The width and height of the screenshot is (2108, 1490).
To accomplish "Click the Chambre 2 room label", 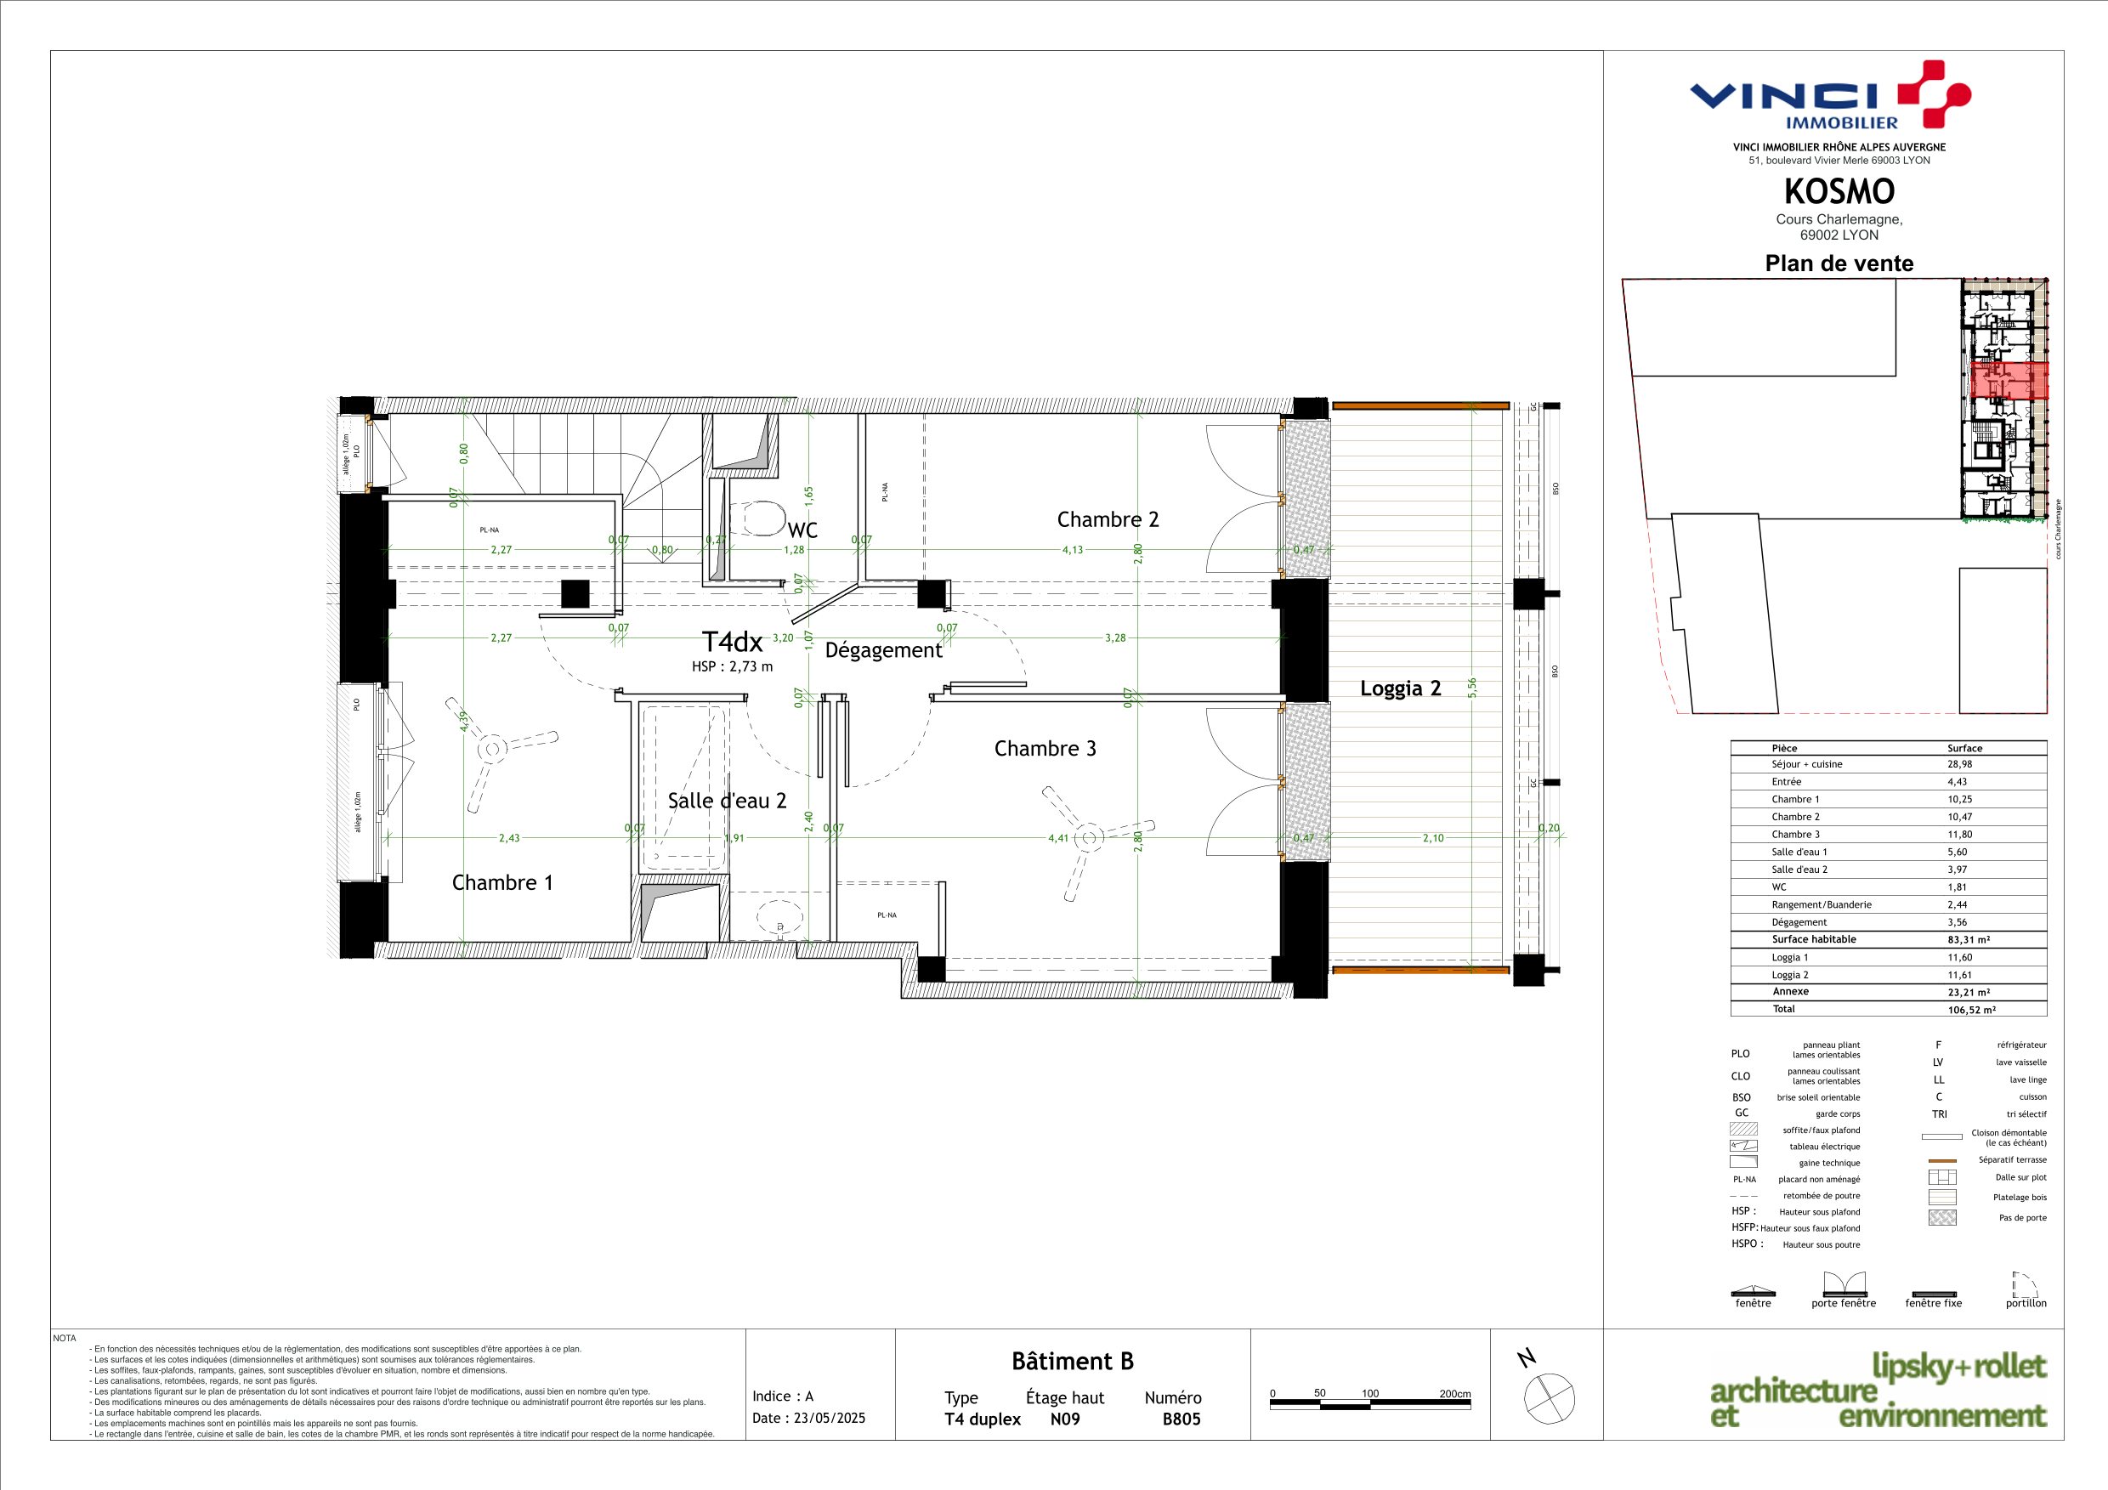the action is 1108,519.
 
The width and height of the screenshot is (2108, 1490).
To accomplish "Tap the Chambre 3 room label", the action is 1045,748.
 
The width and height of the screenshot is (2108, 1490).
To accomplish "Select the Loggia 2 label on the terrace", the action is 1400,688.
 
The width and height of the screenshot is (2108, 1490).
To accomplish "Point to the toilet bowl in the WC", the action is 763,518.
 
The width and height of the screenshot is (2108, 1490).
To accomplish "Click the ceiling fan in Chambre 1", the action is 493,749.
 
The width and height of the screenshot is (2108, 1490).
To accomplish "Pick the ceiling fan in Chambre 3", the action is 1089,837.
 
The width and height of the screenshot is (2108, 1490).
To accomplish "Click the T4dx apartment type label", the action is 732,641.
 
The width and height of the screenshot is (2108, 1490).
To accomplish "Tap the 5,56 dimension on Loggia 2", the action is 1471,688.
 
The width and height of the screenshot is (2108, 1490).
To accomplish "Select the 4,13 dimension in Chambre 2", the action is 1073,550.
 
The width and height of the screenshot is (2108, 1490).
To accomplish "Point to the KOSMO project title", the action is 1839,191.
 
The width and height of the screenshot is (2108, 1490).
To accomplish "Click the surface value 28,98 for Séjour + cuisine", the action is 1959,764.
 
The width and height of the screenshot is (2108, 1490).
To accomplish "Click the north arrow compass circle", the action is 1550,1398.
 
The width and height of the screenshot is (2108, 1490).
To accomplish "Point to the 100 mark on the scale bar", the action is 1370,1393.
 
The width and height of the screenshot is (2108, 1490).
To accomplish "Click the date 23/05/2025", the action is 829,1418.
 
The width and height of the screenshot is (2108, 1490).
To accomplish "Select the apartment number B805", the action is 1181,1419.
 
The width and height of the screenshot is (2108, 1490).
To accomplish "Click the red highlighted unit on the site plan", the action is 2009,380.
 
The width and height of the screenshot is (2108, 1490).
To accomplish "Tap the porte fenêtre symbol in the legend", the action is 1844,1283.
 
